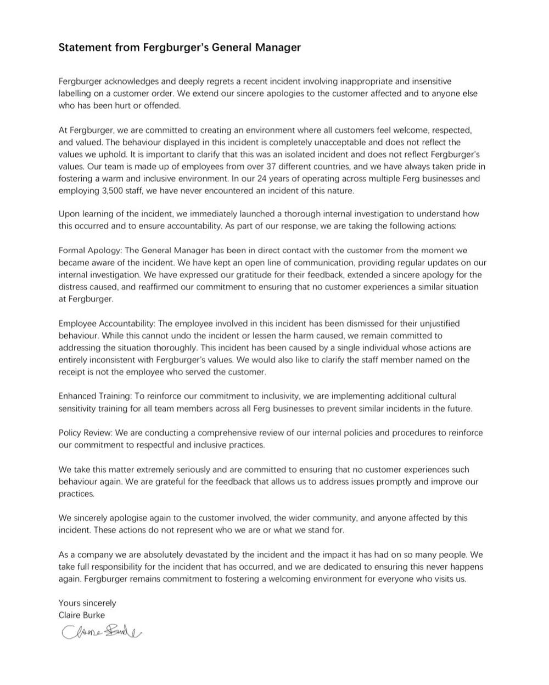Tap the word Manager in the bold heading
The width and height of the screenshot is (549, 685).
[278, 47]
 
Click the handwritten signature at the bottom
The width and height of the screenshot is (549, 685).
[102, 632]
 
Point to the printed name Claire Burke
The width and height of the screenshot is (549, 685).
[82, 615]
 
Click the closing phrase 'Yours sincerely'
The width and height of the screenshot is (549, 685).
[87, 603]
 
